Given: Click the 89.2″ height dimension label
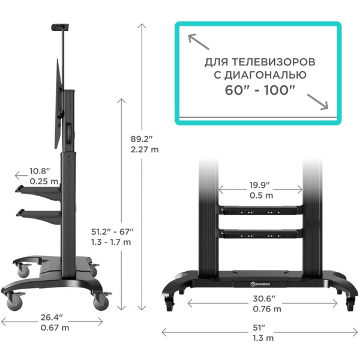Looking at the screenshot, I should click(142, 138).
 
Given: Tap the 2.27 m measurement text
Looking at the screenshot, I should click(145, 150).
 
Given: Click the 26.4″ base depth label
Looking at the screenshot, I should click(54, 318).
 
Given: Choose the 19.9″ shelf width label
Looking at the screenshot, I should click(260, 185).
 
